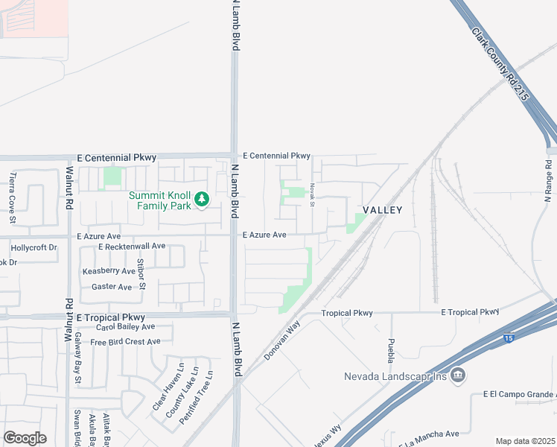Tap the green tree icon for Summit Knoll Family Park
[201, 199]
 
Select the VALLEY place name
[382, 210]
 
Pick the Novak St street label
[313, 195]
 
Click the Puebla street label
[391, 350]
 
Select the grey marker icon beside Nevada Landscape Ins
[459, 375]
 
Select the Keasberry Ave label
[109, 271]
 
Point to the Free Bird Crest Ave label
[125, 342]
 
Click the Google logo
[25, 437]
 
